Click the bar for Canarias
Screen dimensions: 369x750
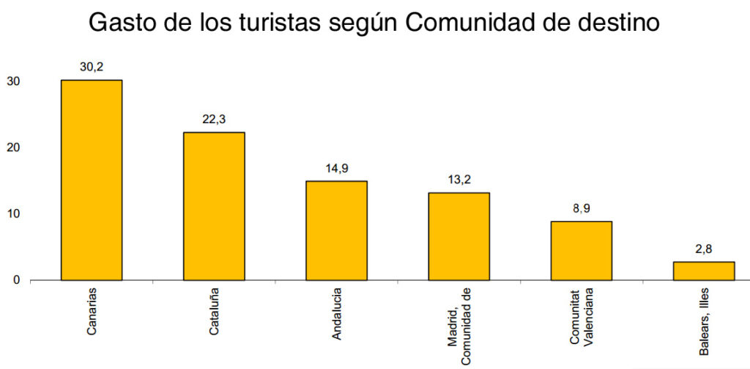click(92, 180)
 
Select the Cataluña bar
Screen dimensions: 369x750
click(214, 206)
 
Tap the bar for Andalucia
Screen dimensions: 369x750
click(336, 230)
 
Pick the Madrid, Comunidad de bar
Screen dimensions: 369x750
click(458, 236)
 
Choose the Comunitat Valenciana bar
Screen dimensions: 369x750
click(581, 251)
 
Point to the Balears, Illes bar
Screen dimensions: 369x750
click(703, 271)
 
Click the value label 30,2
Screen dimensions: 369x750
click(92, 67)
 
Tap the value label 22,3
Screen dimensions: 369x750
click(214, 120)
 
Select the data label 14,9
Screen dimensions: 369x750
click(336, 168)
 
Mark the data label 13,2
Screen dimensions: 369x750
click(458, 180)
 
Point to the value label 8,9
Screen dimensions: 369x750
click(581, 208)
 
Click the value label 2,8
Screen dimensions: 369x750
click(703, 249)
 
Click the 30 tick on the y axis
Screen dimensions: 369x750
click(14, 81)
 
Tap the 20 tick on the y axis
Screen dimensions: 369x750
click(14, 147)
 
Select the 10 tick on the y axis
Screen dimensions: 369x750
click(14, 213)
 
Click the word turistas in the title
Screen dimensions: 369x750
click(270, 22)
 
